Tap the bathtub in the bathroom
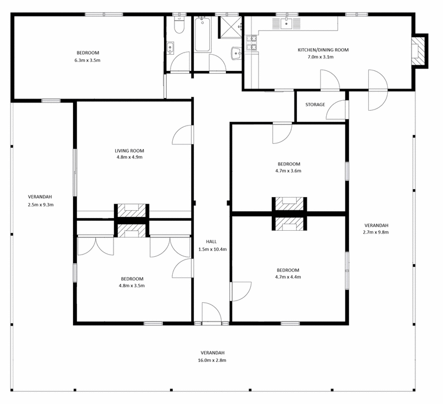tap(202, 34)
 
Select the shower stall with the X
tap(231, 27)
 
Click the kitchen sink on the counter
tap(286, 23)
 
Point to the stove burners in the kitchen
tap(251, 43)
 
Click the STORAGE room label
tap(315, 105)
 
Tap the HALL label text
tap(212, 242)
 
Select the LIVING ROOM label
tap(130, 151)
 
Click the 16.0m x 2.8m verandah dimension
tap(212, 360)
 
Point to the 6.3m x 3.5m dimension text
tap(87, 60)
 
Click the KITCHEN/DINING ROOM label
tap(323, 50)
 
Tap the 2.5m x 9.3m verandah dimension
tap(40, 205)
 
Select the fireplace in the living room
tap(131, 211)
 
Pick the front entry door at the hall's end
tap(212, 312)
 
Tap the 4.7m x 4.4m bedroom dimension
tap(288, 277)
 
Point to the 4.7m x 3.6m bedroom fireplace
tap(289, 204)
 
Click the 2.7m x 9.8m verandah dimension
tap(376, 232)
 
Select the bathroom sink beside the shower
tap(236, 53)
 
